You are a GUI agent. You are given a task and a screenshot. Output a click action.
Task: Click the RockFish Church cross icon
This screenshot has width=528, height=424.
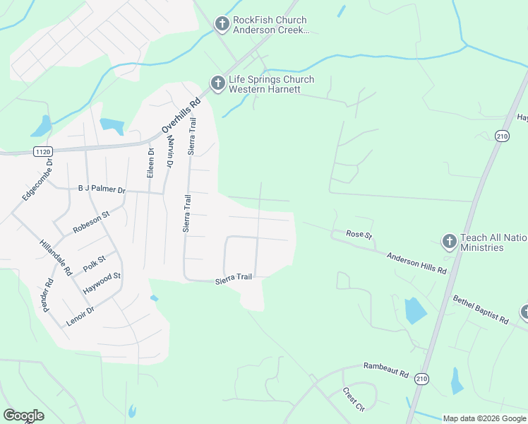(222, 25)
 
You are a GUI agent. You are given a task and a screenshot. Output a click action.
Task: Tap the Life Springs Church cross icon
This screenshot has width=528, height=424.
(217, 84)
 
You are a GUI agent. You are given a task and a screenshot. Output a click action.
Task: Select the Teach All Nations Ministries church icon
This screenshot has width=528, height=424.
(449, 242)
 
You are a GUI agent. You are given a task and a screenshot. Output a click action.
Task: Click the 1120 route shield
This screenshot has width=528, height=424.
(43, 151)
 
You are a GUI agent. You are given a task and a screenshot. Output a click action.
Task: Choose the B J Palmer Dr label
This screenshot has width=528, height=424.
(101, 190)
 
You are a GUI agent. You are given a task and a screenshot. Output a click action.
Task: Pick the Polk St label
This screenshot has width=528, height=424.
(94, 264)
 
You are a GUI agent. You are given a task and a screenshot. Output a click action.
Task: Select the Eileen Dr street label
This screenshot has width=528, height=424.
(150, 163)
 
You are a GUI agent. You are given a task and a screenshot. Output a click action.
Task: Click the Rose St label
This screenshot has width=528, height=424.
(359, 234)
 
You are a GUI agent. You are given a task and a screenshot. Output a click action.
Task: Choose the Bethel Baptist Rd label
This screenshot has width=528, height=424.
(481, 310)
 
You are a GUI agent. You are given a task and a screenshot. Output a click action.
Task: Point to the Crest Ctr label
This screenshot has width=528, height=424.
(353, 399)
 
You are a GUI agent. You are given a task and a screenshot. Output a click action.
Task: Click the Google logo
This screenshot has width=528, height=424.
(23, 416)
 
